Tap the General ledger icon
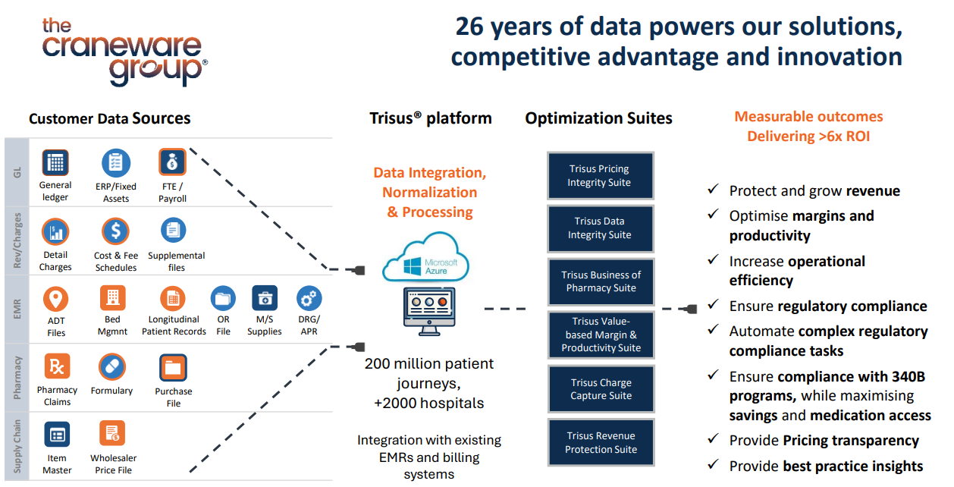point(55,162)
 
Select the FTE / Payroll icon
point(172,162)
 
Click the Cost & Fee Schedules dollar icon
point(116,231)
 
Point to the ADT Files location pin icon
point(56,299)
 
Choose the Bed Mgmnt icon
point(113,298)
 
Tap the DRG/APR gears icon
point(309,298)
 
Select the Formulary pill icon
point(112,367)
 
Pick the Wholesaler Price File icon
point(112,434)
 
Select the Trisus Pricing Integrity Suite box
point(600,175)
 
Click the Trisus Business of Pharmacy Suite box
point(601,281)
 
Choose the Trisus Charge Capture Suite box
point(601,389)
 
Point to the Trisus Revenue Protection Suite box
point(601,442)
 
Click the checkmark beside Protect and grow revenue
point(712,190)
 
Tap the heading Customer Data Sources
point(110,118)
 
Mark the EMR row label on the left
point(17,308)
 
